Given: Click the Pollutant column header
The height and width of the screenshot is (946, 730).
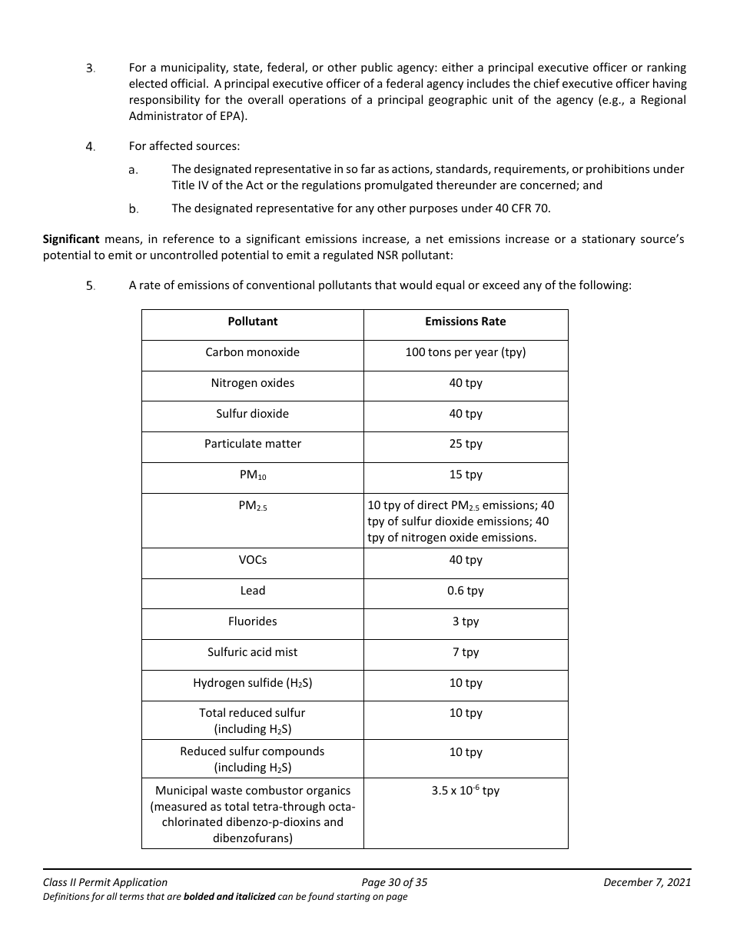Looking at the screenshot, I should click(252, 321).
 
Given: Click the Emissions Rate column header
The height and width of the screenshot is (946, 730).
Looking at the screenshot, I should click(465, 321).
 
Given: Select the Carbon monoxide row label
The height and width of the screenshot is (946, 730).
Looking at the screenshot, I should click(252, 352).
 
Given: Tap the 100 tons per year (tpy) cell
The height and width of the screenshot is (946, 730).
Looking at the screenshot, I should click(465, 352).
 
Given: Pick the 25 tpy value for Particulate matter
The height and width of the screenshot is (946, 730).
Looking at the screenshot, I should click(465, 444).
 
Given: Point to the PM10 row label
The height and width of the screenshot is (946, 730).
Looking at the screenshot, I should click(252, 475).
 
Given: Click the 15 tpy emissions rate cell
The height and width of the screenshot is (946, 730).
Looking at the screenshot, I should click(465, 475).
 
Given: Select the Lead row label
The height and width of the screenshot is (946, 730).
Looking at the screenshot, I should click(252, 591).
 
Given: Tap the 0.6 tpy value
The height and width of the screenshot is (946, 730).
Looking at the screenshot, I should click(465, 591).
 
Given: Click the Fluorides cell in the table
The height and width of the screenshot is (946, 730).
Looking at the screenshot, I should click(252, 621).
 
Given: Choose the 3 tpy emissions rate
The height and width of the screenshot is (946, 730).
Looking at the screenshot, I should click(465, 621).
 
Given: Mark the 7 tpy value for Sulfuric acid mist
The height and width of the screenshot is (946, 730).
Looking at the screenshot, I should click(465, 652).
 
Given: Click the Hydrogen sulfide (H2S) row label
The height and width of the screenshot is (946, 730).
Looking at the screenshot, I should click(252, 683).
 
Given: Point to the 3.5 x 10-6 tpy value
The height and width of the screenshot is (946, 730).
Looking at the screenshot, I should click(465, 791).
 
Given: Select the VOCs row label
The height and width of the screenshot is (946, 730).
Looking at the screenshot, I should click(252, 560).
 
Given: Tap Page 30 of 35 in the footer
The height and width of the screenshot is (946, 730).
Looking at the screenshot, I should click(393, 882).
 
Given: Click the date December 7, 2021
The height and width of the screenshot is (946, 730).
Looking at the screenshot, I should click(647, 882).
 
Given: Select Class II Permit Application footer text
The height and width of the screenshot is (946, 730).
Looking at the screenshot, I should click(105, 882).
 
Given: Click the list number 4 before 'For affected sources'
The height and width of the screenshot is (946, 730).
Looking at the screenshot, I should click(90, 146).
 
